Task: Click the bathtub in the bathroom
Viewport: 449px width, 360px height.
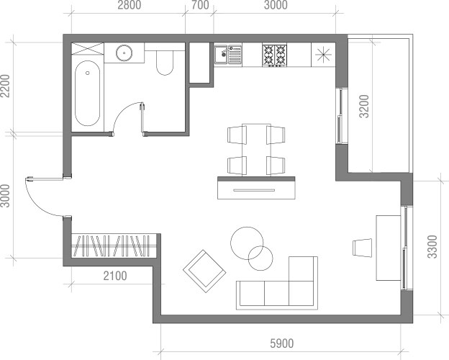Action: coord(87,93)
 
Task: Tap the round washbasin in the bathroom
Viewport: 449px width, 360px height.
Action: coord(124,53)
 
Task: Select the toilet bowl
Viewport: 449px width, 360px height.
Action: coord(165,63)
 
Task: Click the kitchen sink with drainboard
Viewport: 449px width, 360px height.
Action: coord(228,55)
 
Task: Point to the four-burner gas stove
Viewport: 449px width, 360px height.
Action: coord(275,55)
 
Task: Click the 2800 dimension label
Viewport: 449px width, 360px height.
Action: coord(130,5)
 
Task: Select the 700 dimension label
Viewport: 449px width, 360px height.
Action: coord(200,5)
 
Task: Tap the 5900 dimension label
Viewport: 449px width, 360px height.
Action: coord(282,343)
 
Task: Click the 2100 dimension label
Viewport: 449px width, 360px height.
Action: coord(115,276)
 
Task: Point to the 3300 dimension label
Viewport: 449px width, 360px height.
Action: coord(432,247)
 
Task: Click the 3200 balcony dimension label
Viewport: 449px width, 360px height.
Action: coord(365,107)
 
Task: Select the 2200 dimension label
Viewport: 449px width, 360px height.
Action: coord(5,86)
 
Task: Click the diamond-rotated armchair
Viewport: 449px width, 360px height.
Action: coord(204,271)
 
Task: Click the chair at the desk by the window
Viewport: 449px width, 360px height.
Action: coord(362,248)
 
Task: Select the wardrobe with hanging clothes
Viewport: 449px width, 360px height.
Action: coord(114,246)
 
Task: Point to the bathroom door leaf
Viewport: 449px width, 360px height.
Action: coord(142,118)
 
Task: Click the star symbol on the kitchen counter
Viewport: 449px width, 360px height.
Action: coord(323,55)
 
